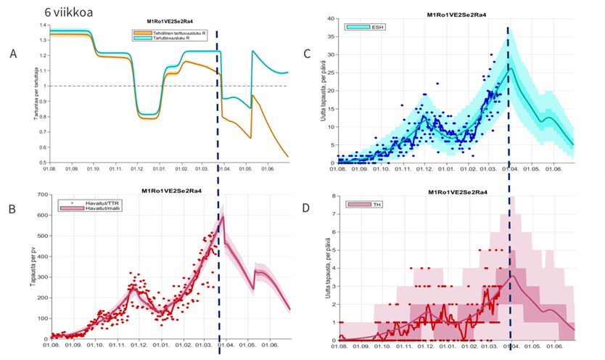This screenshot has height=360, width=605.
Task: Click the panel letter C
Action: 307,53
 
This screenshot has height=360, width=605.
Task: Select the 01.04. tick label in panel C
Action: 509,169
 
